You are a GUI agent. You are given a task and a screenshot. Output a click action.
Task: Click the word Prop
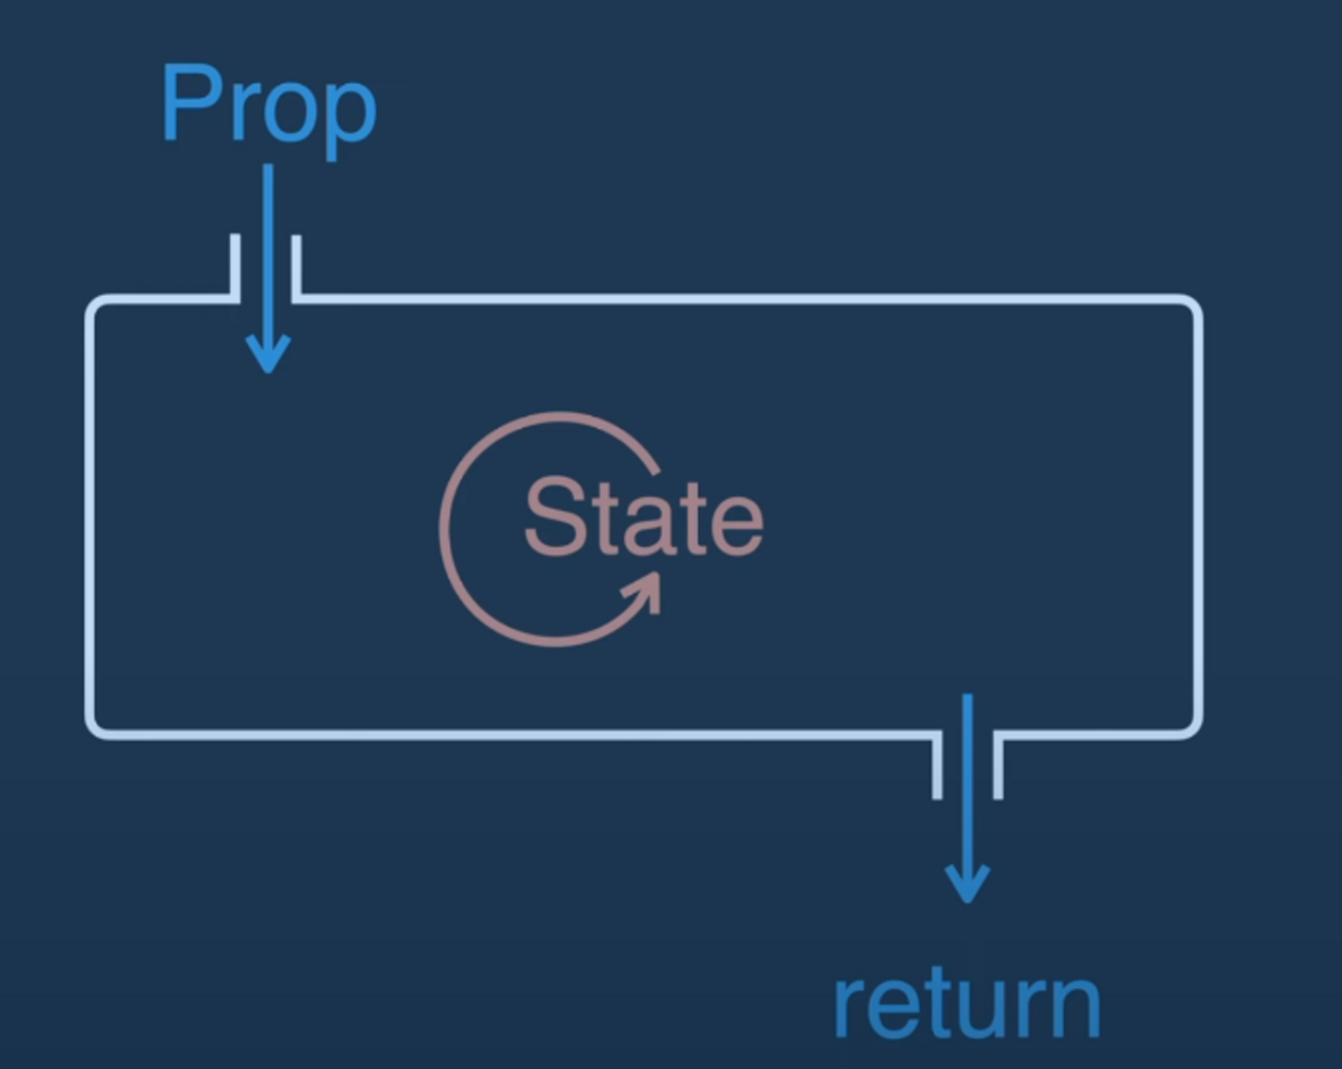click(x=269, y=105)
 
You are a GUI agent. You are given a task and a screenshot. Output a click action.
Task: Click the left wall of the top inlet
click(x=235, y=268)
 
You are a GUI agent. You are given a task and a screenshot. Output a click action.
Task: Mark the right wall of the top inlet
click(x=297, y=268)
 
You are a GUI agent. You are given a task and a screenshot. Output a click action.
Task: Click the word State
click(x=643, y=517)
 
